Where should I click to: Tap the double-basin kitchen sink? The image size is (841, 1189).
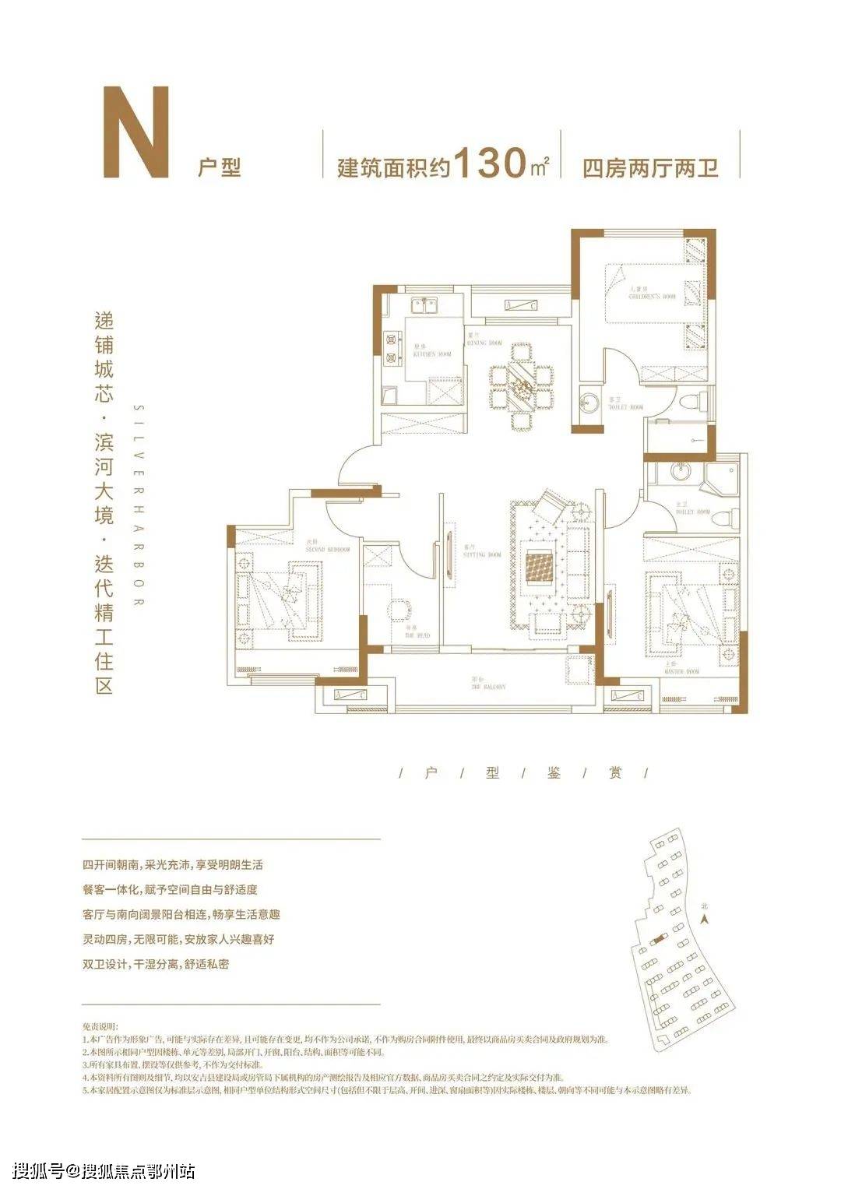click(x=424, y=304)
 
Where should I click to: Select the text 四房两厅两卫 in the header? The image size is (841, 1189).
click(x=650, y=167)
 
